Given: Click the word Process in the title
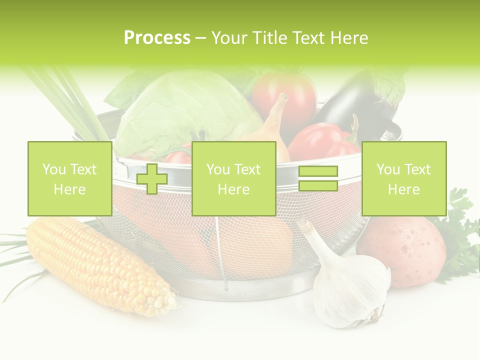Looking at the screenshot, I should tap(157, 37).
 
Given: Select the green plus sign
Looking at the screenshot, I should tap(152, 178).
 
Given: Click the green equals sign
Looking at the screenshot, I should tap(318, 178).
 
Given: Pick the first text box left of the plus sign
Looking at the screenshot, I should tap(69, 178).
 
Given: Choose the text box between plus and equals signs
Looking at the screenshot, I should tap(233, 178).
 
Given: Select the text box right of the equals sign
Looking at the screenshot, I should tap(403, 178).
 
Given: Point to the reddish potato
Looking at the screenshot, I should tap(402, 250).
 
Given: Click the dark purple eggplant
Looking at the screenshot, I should tap(350, 105).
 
